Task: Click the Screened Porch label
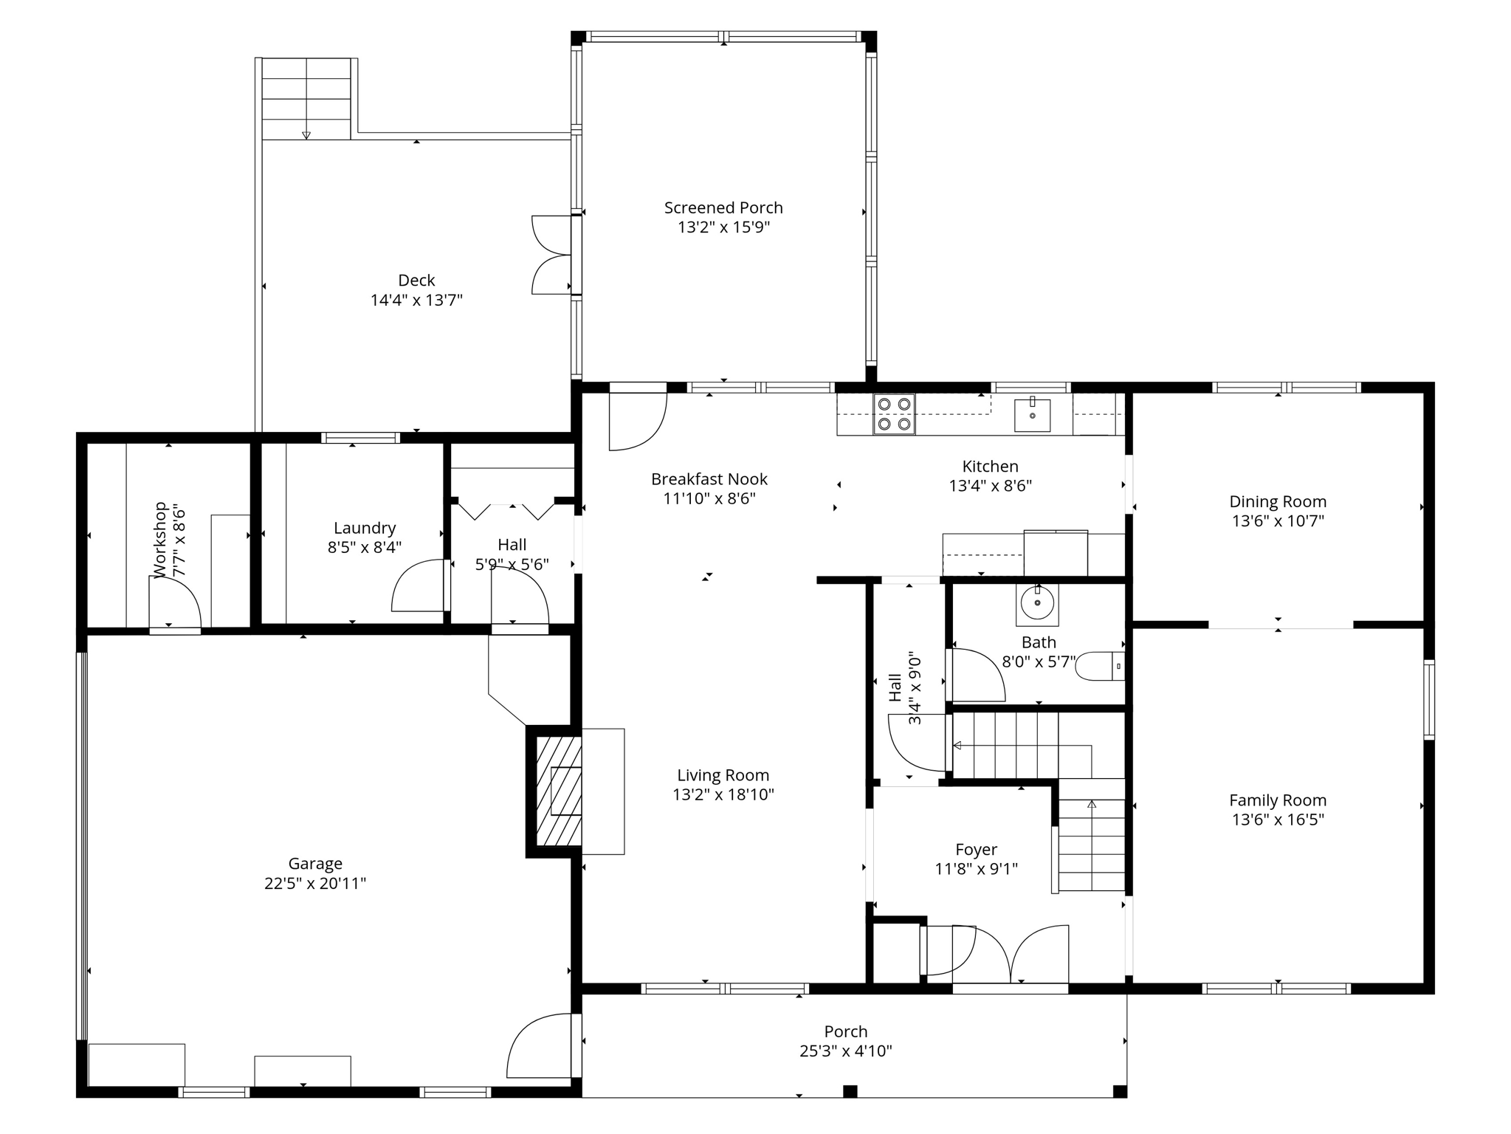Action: [723, 208]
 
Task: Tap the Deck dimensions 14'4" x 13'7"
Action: [416, 300]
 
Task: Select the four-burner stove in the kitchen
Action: [894, 414]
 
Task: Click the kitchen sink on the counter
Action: [1032, 415]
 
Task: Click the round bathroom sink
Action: [1037, 603]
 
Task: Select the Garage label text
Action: [315, 863]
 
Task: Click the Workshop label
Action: [160, 540]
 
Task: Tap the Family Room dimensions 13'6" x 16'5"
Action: [1278, 819]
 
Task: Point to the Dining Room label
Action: [1278, 501]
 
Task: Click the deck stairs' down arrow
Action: [306, 134]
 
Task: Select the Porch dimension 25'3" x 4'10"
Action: [845, 1051]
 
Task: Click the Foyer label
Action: [976, 849]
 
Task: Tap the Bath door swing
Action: [976, 676]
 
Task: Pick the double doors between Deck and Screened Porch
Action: [552, 255]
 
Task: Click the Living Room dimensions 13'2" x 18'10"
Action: [723, 795]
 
